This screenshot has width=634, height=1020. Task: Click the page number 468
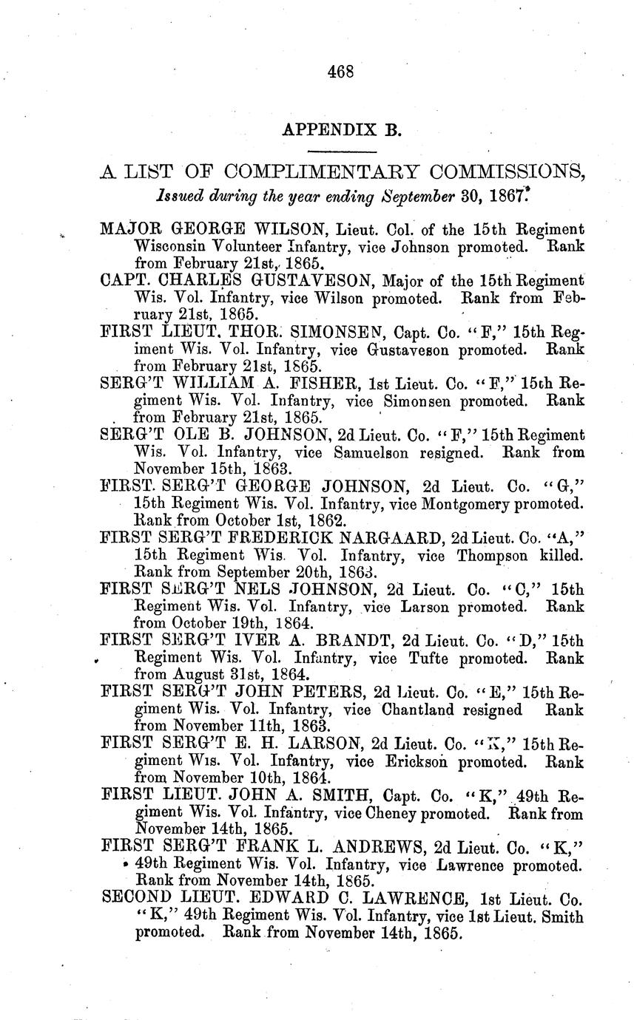coord(340,72)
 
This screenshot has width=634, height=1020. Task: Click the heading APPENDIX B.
coord(340,130)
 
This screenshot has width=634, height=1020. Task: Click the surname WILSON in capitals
coord(285,230)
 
